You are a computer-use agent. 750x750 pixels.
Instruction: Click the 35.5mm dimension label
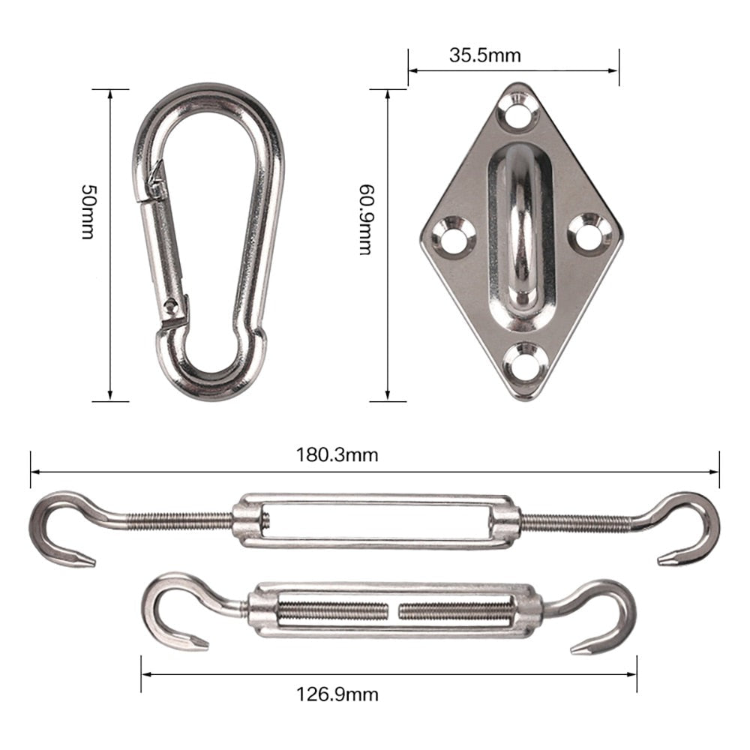(x=484, y=55)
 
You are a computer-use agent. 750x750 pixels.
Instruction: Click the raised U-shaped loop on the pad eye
(x=520, y=225)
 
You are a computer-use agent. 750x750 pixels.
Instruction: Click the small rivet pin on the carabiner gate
(x=174, y=304)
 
